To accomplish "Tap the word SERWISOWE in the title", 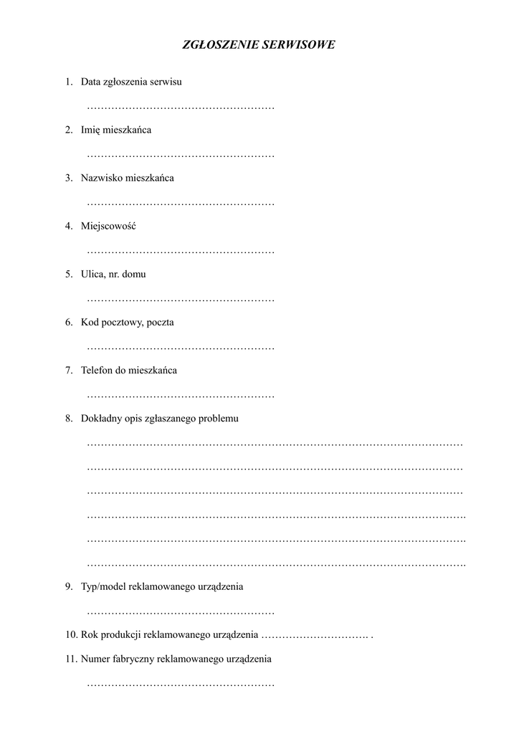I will [x=297, y=45].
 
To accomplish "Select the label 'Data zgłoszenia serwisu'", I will [x=131, y=82].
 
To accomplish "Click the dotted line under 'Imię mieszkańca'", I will [x=181, y=156].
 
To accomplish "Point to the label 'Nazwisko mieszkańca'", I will [x=127, y=178].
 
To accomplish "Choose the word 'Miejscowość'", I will [x=108, y=226].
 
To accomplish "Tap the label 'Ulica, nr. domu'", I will [x=113, y=274].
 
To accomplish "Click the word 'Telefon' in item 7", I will [x=97, y=371].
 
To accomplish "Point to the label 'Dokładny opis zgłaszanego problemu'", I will [x=159, y=419].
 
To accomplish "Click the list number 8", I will [x=68, y=419].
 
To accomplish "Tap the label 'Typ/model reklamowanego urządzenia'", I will [x=162, y=586].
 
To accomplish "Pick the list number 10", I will [x=70, y=635].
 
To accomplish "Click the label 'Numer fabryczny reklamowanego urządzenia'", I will [x=176, y=659].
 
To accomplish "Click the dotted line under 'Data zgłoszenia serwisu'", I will [x=181, y=108].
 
